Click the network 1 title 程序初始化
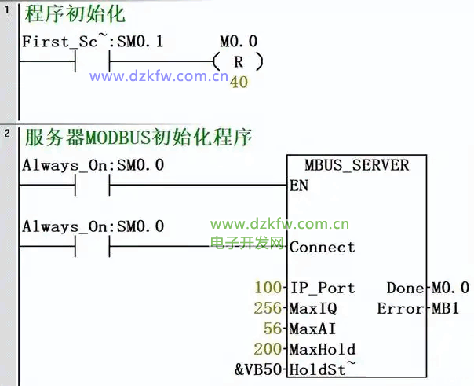coord(75,15)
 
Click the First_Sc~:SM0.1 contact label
coord(93,41)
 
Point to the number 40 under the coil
coord(239,82)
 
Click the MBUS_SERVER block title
coord(357,165)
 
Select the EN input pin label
coord(299,186)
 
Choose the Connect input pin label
coord(322,247)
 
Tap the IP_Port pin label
coord(322,288)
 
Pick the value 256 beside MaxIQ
coord(268,308)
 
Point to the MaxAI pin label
coord(312,329)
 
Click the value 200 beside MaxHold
coord(268,349)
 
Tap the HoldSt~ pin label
coord(322,369)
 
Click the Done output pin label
coord(406,288)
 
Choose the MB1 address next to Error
coord(447,308)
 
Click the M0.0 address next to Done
coord(451,288)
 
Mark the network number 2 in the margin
coord(7,133)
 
